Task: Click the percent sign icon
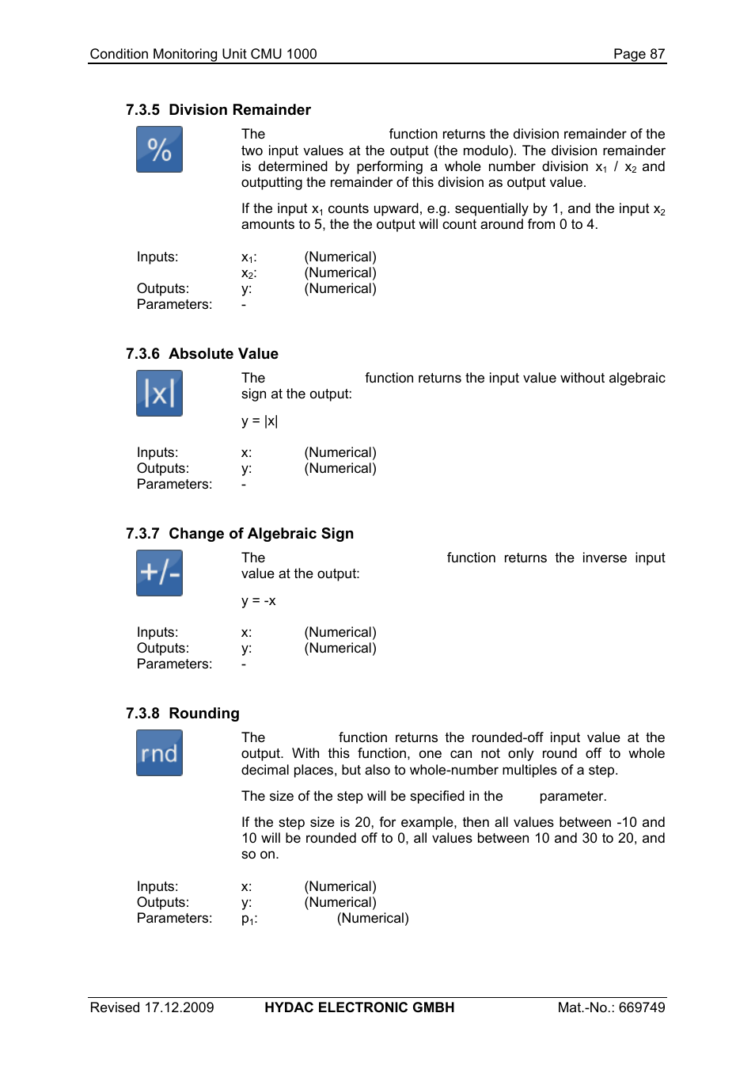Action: pos(159,150)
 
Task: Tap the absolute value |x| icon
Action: pos(159,394)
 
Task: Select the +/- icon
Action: pos(159,573)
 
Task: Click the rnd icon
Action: pos(159,753)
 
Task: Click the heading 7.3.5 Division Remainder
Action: pos(218,110)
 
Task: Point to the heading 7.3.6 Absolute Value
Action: pos(202,354)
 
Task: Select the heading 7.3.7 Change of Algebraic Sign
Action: pos(239,534)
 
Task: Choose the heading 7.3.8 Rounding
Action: pos(182,714)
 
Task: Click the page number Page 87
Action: pos(639,54)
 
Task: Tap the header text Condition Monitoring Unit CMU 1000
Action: pos(203,54)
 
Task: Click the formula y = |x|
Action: pos(260,421)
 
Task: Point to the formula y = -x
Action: pos(259,601)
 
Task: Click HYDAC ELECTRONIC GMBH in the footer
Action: pos(359,1007)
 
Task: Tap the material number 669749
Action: pos(642,1007)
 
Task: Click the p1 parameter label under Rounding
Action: pos(249,919)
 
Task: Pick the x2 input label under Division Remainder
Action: pos(249,273)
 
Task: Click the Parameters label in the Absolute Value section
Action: pos(174,485)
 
